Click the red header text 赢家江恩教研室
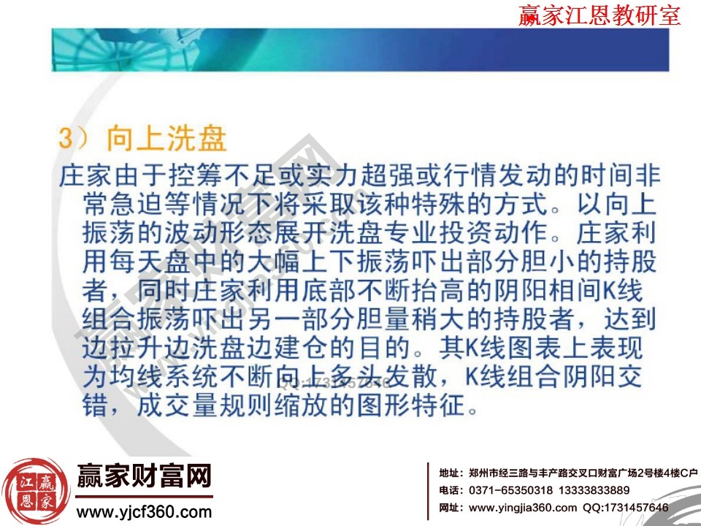click(599, 15)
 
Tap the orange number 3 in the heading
click(67, 140)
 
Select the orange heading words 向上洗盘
click(166, 140)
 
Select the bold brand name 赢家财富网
click(144, 476)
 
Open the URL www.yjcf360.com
click(144, 511)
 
